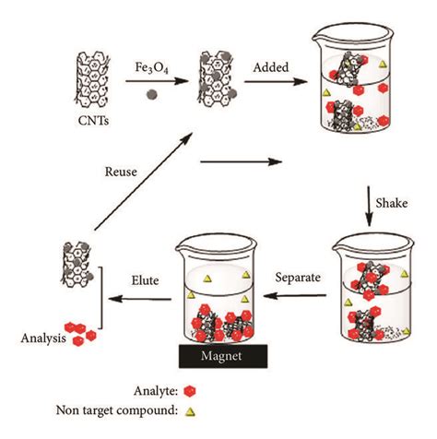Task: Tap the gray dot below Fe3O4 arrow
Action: coord(152,93)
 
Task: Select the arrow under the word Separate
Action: coord(298,296)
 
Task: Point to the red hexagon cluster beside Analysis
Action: coord(81,334)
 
